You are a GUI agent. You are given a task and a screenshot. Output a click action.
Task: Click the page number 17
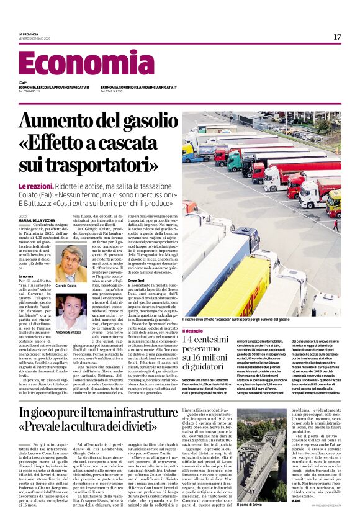pos(337,37)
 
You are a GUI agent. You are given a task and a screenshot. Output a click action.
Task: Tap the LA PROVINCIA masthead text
pos(29,34)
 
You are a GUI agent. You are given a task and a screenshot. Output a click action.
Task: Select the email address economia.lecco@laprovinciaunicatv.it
pos(53,88)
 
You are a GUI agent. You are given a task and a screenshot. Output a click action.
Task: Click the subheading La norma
pos(26,276)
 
